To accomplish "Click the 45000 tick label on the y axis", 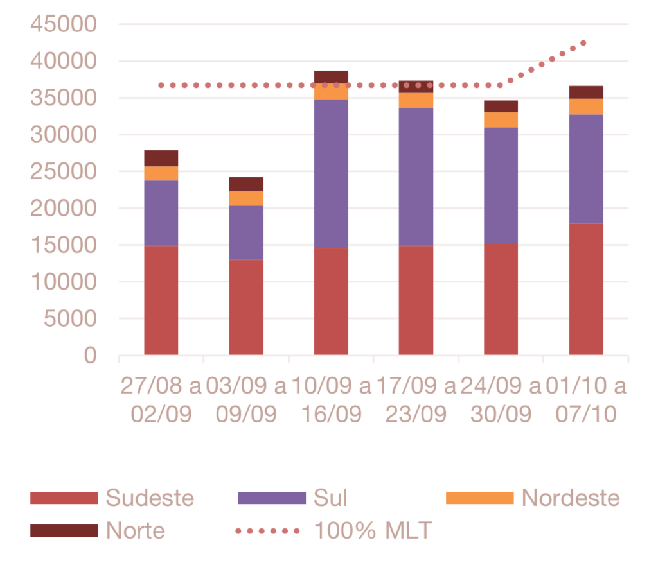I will (63, 24).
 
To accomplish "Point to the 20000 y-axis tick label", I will (63, 208).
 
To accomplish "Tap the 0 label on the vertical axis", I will (90, 355).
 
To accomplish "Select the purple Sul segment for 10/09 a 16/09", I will (332, 173).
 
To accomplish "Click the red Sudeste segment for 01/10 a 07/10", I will (586, 289).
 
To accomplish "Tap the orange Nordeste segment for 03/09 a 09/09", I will (247, 198).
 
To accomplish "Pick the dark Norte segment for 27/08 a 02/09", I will (161, 158).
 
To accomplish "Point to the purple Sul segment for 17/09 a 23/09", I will (416, 177).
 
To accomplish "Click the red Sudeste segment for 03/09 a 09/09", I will (247, 307).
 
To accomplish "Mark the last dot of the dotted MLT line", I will (583, 43).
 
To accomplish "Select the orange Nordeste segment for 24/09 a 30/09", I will (501, 119).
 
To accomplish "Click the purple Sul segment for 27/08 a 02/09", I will (161, 213).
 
